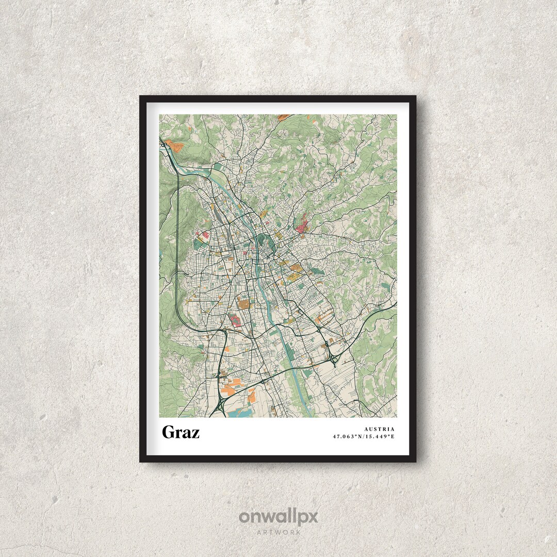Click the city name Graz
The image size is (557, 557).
(x=181, y=432)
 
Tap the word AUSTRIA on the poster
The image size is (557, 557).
(x=379, y=429)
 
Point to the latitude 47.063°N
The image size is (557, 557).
(x=348, y=436)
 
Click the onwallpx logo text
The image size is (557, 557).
(x=278, y=517)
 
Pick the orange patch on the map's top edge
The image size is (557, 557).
(x=284, y=118)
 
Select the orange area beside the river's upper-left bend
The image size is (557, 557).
(x=174, y=146)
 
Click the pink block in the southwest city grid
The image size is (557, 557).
(x=235, y=320)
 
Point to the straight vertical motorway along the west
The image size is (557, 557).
(x=177, y=232)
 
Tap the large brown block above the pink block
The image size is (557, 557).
(x=243, y=304)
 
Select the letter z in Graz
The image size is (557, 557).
(x=195, y=434)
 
